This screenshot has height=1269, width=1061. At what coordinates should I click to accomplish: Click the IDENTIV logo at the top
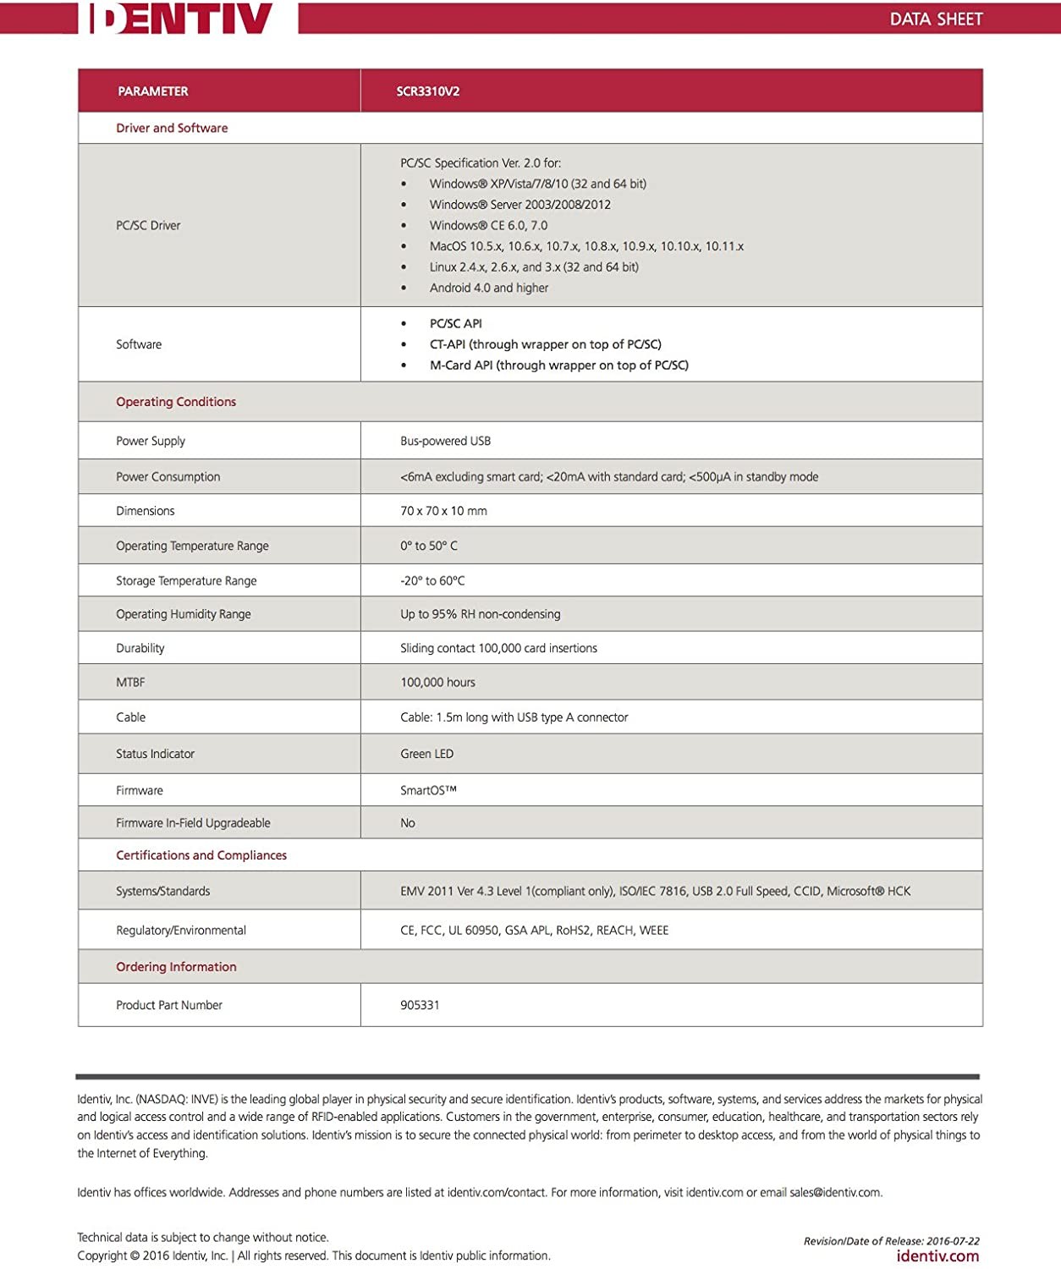[x=178, y=19]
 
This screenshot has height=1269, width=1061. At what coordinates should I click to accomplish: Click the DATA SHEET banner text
[x=936, y=19]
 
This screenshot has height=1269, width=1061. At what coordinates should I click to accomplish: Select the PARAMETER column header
[x=152, y=91]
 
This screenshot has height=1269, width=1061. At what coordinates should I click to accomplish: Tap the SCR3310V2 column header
[x=428, y=91]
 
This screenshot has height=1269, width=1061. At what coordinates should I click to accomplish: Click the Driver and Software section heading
[x=172, y=129]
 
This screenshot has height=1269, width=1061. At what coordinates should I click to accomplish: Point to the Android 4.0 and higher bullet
[x=488, y=288]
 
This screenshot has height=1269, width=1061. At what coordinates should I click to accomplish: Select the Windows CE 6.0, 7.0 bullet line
[x=488, y=226]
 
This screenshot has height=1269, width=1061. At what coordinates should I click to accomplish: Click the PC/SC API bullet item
[x=455, y=324]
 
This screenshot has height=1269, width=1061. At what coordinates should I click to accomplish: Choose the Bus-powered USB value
[x=445, y=442]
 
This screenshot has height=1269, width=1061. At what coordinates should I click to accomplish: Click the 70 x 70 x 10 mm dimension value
[x=443, y=511]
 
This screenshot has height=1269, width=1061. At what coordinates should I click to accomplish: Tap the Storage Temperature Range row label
[x=186, y=581]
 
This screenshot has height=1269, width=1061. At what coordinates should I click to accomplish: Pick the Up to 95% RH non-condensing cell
[x=480, y=615]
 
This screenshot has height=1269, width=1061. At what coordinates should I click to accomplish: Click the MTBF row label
[x=130, y=683]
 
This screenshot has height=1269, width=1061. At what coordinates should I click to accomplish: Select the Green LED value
[x=426, y=755]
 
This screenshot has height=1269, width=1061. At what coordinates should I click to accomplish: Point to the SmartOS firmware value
[x=428, y=791]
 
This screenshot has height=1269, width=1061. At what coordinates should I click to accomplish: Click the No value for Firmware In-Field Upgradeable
[x=408, y=823]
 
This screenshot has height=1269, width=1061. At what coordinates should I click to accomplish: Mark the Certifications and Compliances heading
[x=201, y=856]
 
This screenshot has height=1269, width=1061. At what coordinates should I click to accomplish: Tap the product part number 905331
[x=420, y=1006]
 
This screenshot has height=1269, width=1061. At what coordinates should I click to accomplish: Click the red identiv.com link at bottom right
[x=937, y=1257]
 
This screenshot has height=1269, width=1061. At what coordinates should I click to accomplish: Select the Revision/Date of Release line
[x=891, y=1241]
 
